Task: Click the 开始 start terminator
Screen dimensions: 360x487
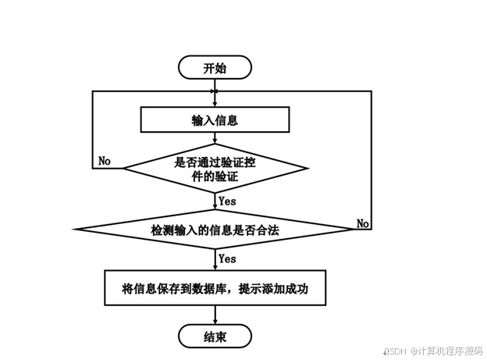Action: click(x=215, y=67)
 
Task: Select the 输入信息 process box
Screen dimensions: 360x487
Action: click(x=215, y=120)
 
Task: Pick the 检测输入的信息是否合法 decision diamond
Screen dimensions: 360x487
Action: click(x=215, y=230)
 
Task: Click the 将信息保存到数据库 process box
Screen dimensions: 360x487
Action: click(x=215, y=289)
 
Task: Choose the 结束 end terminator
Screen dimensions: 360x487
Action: click(x=215, y=337)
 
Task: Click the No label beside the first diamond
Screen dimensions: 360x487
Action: click(x=105, y=161)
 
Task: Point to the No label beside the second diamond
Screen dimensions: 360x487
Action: click(x=363, y=223)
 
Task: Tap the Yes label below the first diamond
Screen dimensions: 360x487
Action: click(x=227, y=201)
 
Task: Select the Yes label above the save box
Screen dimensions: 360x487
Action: click(x=227, y=258)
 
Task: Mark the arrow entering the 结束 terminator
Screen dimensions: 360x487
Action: click(x=215, y=317)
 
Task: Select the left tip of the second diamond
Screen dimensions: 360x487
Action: click(x=76, y=230)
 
